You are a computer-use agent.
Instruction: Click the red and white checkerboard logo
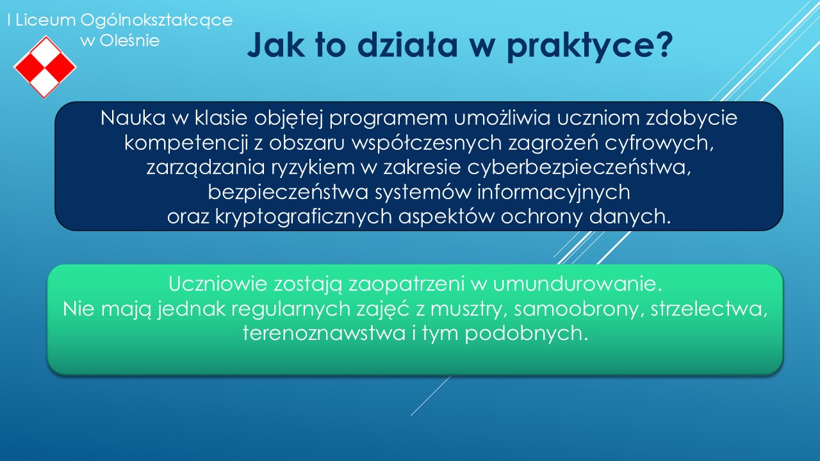point(45,67)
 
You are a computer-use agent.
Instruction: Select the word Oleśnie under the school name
point(129,40)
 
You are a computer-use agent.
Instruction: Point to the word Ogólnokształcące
point(156,21)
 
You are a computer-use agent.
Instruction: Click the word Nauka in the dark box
point(133,118)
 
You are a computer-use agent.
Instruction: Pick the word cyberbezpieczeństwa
point(579,168)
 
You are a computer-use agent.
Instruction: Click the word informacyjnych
point(553,192)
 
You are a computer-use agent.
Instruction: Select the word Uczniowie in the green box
point(218,284)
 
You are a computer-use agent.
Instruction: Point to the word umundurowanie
point(577,284)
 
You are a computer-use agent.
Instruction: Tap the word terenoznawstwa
point(324,334)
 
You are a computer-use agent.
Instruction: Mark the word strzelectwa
point(709,309)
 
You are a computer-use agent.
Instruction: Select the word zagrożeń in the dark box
point(553,143)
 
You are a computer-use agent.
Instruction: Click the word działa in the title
point(407,45)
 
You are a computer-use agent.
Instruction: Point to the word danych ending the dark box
point(630,217)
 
